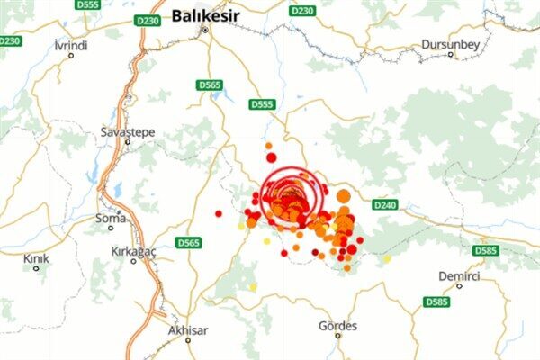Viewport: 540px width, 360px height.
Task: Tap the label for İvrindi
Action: click(x=71, y=45)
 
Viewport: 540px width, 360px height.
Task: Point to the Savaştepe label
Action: click(x=127, y=132)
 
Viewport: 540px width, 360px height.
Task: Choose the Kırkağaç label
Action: click(x=133, y=251)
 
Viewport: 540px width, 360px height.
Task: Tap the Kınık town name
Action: click(x=37, y=258)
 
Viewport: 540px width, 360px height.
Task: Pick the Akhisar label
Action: click(x=188, y=330)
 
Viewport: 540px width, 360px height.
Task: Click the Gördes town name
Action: click(x=338, y=325)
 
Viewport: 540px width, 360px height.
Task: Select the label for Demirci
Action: click(x=460, y=275)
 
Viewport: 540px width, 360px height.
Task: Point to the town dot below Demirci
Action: click(x=459, y=286)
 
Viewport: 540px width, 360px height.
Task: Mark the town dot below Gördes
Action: click(x=338, y=336)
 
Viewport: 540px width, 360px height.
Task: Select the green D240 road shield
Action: click(x=384, y=204)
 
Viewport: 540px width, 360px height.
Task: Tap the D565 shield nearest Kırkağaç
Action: click(x=188, y=243)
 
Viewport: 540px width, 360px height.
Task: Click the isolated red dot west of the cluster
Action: click(x=219, y=213)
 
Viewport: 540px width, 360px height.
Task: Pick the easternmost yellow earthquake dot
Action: click(x=387, y=259)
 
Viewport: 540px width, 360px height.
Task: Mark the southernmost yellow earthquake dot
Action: click(x=253, y=287)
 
